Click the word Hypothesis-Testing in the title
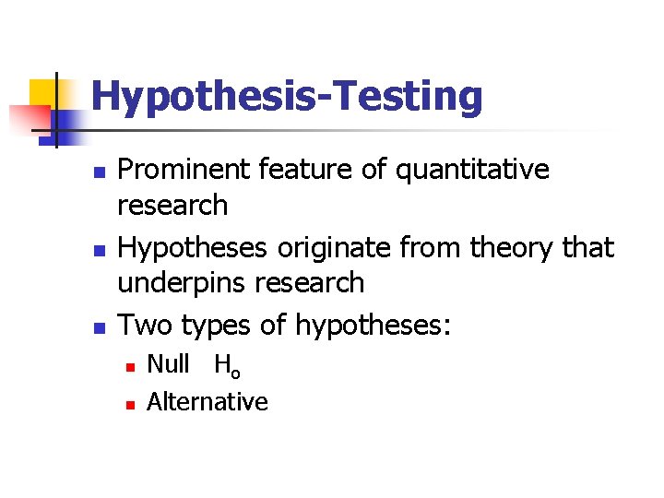287,97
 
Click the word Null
168,364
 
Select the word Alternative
207,402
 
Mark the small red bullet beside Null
131,367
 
